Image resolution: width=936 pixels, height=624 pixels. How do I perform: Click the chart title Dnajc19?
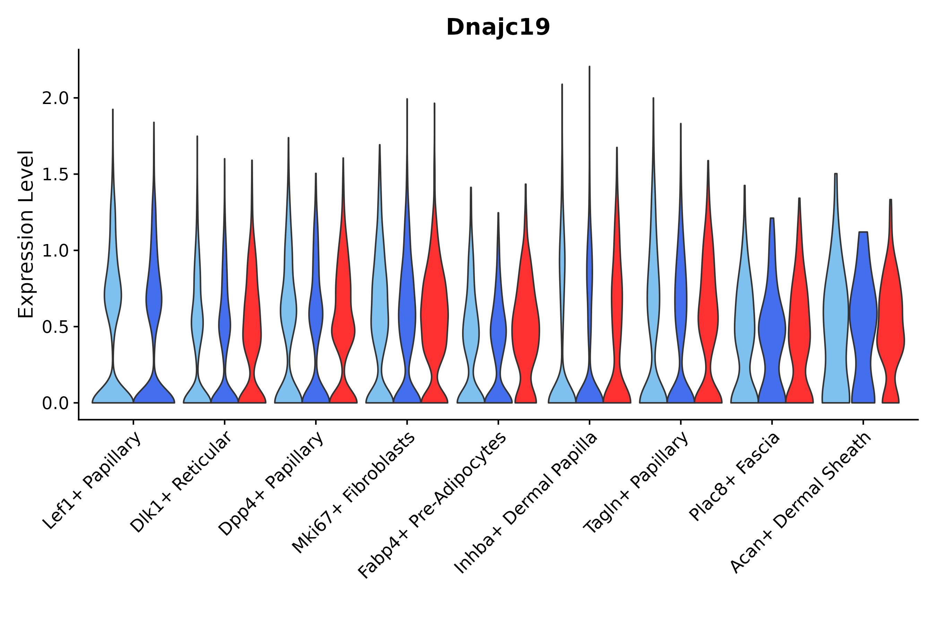coord(498,27)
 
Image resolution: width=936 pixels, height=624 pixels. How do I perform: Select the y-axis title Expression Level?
coord(26,234)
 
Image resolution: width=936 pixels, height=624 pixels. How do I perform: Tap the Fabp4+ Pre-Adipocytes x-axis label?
coord(432,505)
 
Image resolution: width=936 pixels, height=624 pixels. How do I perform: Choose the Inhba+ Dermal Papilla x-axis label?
coord(526,503)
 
